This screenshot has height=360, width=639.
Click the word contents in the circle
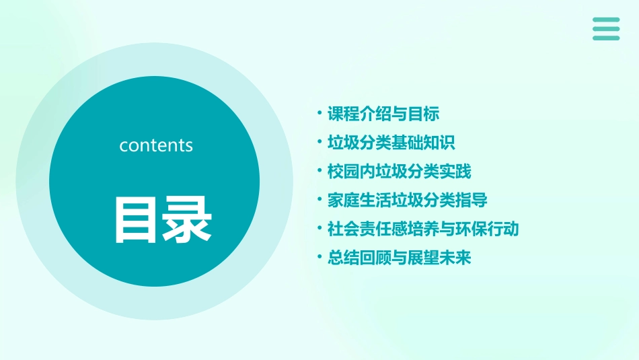[x=156, y=145]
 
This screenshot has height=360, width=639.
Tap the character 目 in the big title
[x=137, y=219]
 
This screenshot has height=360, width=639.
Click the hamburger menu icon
[x=606, y=29]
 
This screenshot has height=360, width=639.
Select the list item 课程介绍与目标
[x=383, y=114]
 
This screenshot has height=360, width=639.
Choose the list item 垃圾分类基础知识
[x=391, y=143]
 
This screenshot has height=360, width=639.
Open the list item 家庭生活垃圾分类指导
[x=407, y=201]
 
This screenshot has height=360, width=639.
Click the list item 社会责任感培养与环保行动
[x=423, y=229]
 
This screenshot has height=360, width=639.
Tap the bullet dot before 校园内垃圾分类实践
[x=319, y=171]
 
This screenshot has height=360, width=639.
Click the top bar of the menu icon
[x=606, y=20]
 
